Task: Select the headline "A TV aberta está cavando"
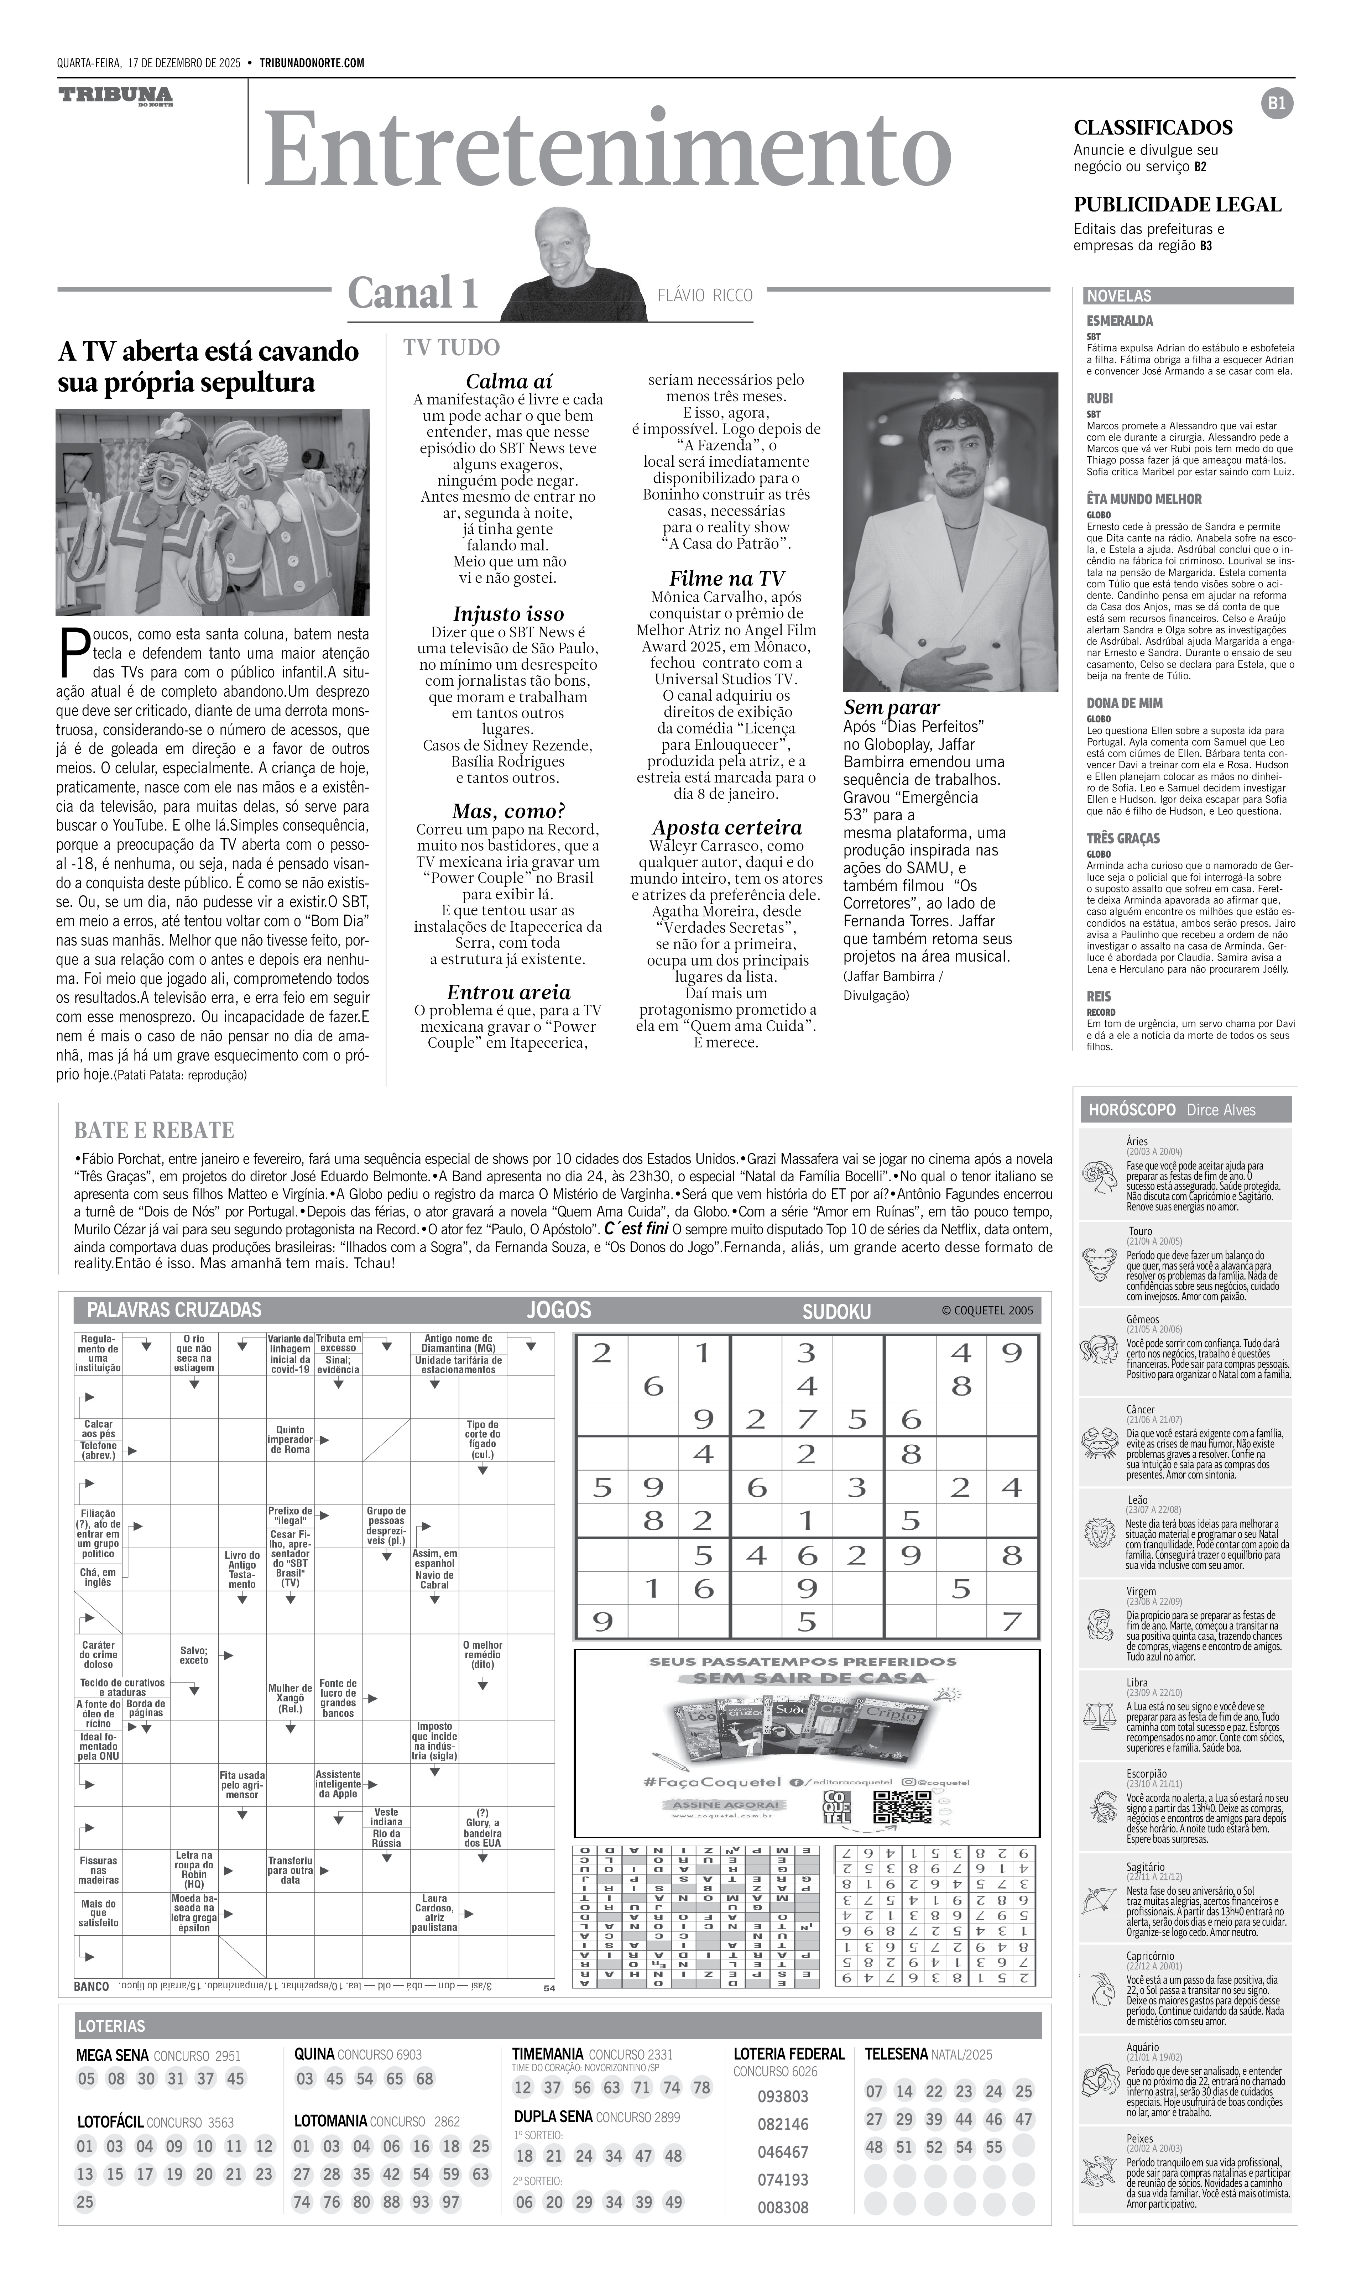click(x=208, y=351)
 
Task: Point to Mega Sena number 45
click(x=236, y=2078)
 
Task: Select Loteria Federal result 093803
click(x=782, y=2097)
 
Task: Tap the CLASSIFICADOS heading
click(x=1152, y=127)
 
